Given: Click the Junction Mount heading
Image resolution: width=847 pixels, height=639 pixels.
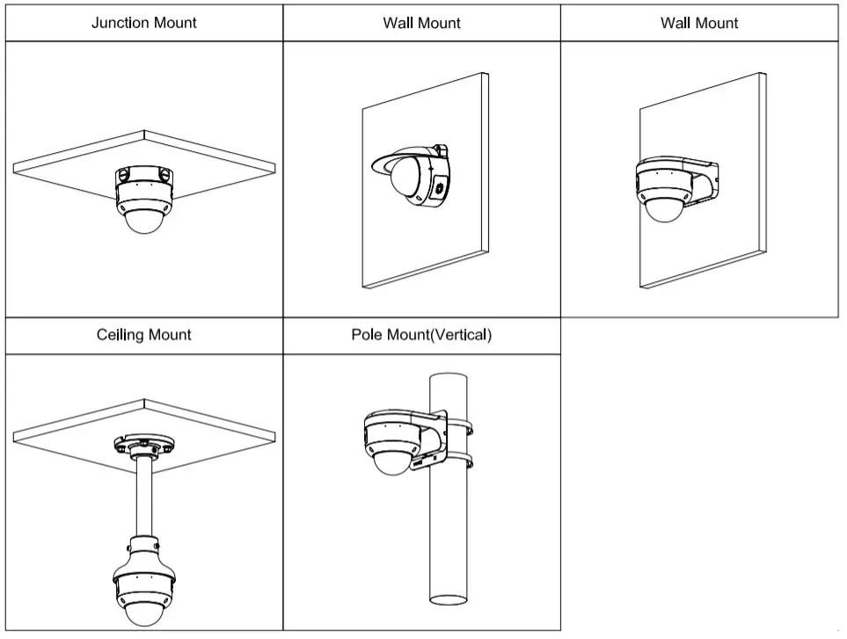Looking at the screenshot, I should tap(144, 23).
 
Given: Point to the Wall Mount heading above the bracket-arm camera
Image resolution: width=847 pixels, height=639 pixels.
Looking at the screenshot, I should tap(699, 23).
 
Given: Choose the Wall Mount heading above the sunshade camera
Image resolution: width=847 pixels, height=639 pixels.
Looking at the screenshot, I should tap(421, 23).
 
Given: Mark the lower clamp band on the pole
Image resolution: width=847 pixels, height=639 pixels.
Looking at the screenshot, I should tap(463, 460).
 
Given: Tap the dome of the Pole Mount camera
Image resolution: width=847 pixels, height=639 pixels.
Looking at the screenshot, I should tap(392, 463).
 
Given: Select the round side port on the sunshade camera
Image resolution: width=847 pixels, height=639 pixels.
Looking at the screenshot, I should tap(439, 187).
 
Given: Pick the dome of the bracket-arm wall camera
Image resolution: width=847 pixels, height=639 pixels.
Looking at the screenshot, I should tap(664, 209).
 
